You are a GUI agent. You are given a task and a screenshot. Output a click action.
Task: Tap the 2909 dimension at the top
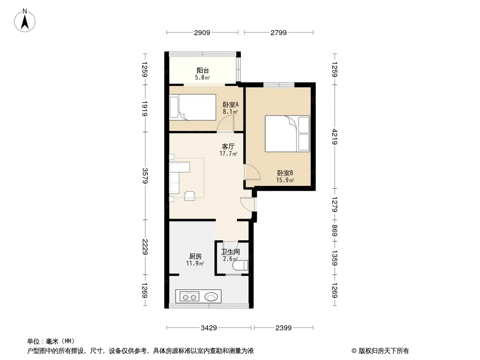click(202, 33)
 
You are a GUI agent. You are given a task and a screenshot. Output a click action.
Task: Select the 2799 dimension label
click(279, 33)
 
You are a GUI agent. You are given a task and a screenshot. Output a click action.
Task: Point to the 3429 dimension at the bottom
click(209, 328)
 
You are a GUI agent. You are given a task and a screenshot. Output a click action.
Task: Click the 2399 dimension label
click(284, 328)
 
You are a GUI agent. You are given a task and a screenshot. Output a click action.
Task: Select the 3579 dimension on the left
click(145, 175)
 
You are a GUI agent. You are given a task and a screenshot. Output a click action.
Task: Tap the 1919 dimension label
click(145, 108)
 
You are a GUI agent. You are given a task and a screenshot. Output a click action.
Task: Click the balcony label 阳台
click(203, 71)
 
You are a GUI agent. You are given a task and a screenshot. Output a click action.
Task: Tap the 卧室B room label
click(285, 173)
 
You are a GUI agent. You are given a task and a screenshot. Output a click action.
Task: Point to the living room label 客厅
click(228, 147)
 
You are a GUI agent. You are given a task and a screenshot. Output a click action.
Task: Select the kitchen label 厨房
click(195, 256)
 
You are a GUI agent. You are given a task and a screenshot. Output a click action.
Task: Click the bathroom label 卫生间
click(230, 252)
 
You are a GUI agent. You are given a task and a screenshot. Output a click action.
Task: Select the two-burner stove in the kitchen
click(189, 297)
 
